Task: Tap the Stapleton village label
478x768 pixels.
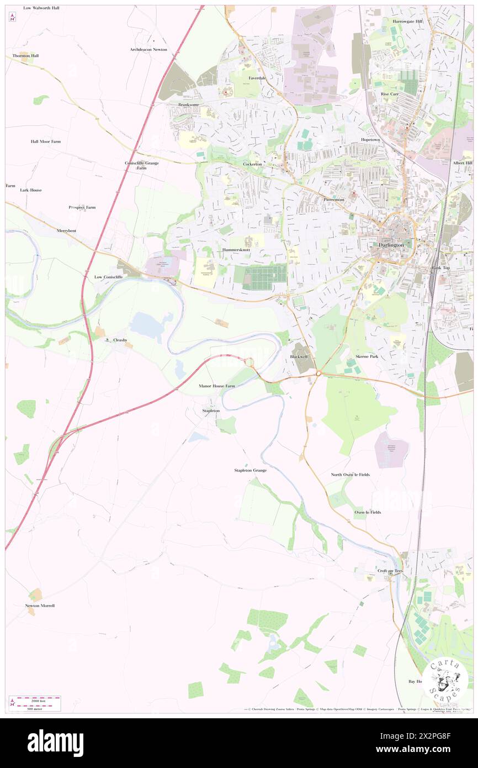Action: point(211,411)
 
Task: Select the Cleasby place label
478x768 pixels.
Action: point(120,340)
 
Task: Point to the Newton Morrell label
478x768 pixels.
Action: point(40,606)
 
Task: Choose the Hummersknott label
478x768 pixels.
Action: point(236,250)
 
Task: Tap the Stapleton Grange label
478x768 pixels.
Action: point(251,470)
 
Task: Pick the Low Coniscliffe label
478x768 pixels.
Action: point(108,276)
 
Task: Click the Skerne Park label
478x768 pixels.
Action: point(367,357)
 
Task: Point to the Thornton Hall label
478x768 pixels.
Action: point(26,56)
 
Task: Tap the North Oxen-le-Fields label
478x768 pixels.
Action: point(350,475)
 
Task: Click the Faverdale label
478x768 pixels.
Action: point(257,78)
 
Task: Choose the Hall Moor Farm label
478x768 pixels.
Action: point(45,141)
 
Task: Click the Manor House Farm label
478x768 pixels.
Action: point(217,386)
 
